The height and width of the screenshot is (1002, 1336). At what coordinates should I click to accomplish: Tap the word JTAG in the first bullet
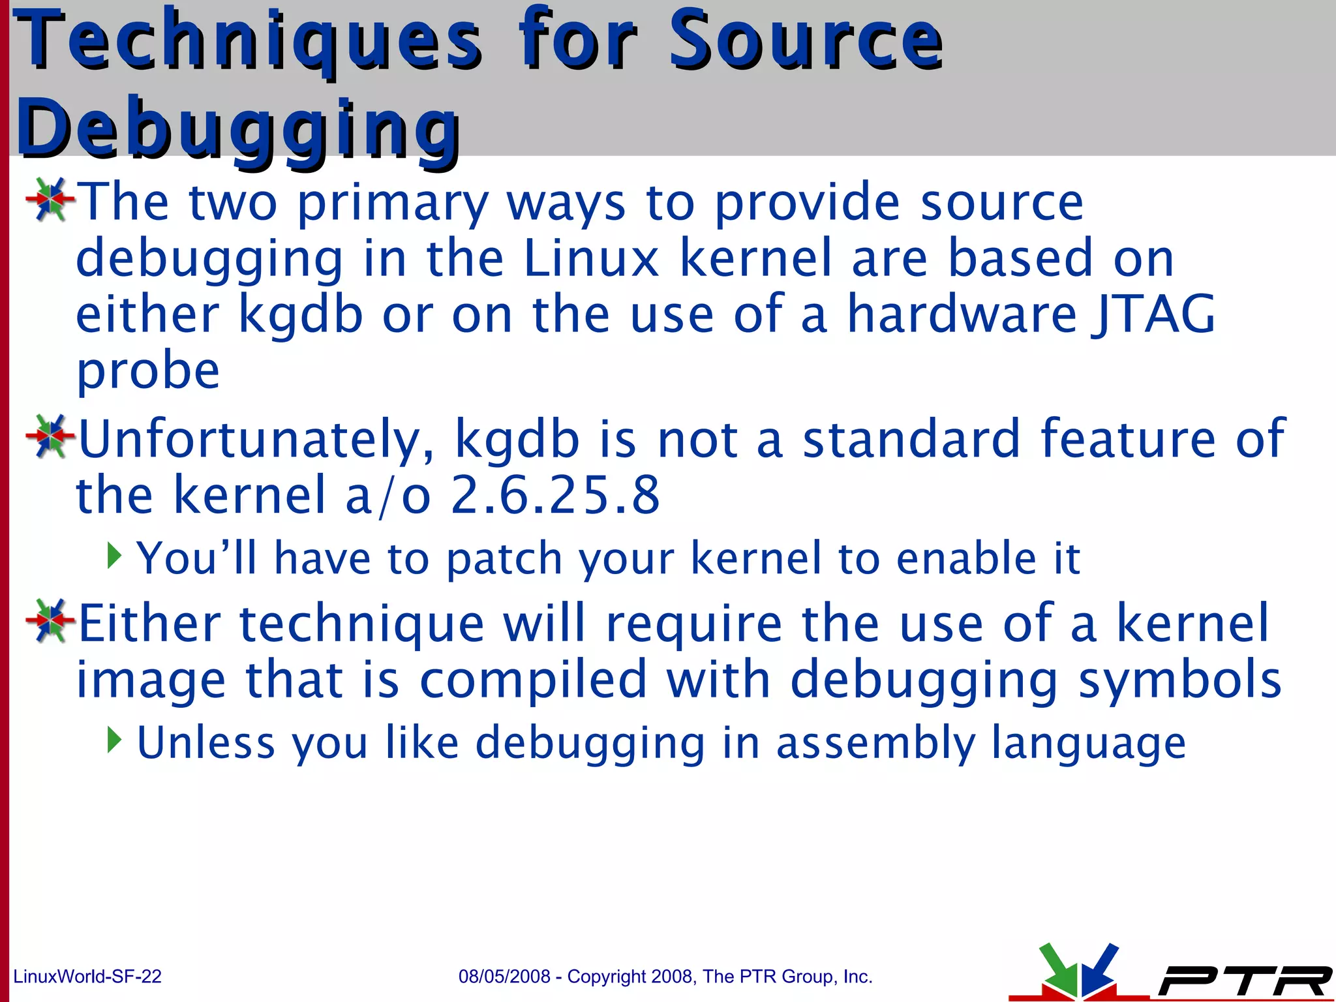[x=1153, y=314]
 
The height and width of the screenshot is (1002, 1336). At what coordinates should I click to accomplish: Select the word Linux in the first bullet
[x=591, y=258]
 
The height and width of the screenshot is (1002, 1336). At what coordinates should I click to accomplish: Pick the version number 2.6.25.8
[x=555, y=495]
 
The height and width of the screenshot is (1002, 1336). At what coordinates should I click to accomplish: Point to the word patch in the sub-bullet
[x=504, y=559]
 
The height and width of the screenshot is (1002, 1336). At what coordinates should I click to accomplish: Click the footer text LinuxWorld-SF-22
[x=87, y=977]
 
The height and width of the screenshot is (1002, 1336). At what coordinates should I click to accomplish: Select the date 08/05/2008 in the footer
[x=504, y=977]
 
